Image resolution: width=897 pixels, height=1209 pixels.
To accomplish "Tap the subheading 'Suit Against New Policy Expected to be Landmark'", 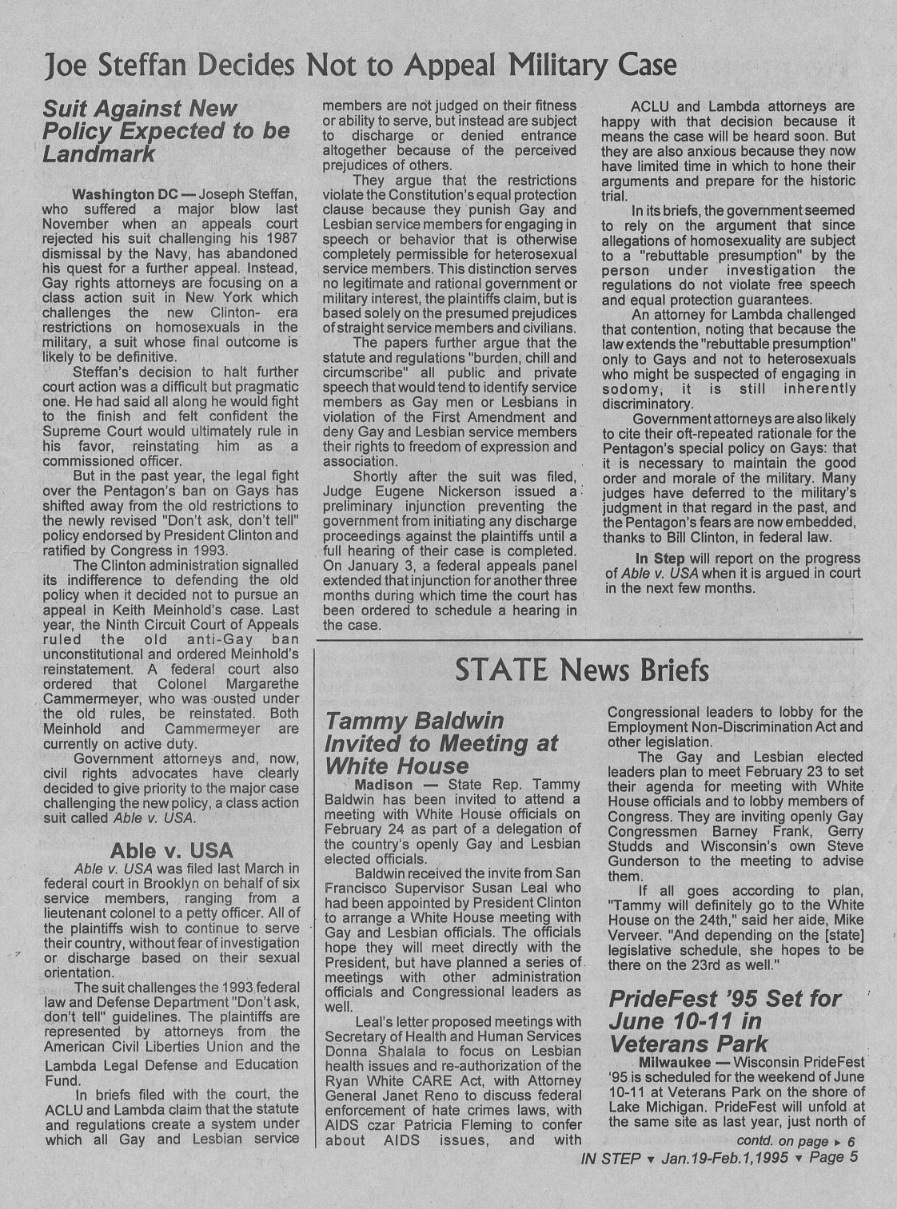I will tap(165, 131).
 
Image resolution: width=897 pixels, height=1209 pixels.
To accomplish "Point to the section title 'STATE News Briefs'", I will tap(581, 670).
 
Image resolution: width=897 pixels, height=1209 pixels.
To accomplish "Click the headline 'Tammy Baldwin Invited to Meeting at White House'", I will tap(441, 743).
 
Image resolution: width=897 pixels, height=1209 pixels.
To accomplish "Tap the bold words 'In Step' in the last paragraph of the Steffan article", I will tap(659, 558).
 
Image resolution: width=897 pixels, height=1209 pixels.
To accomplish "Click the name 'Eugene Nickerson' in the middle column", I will tap(428, 491).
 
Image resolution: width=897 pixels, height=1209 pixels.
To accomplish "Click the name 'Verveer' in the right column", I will tap(634, 935).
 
